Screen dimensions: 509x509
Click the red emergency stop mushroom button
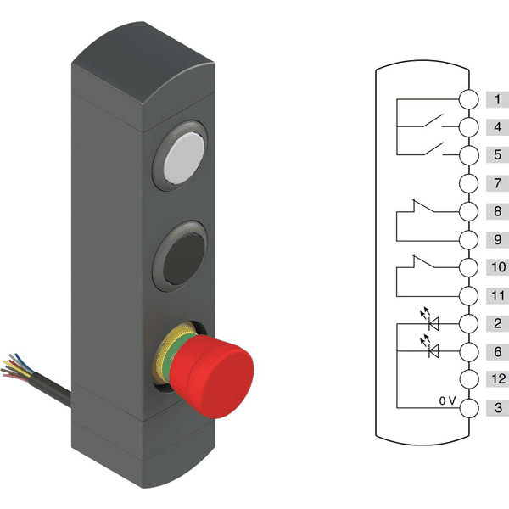coord(211,376)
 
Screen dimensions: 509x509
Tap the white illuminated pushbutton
coord(184,158)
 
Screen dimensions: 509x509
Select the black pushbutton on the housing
coord(184,259)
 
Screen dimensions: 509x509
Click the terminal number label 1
coord(497,99)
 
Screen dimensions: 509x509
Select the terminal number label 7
coord(497,183)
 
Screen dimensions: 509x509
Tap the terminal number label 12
coord(498,379)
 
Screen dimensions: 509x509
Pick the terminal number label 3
coord(498,407)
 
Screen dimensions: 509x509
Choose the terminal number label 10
coord(498,267)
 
